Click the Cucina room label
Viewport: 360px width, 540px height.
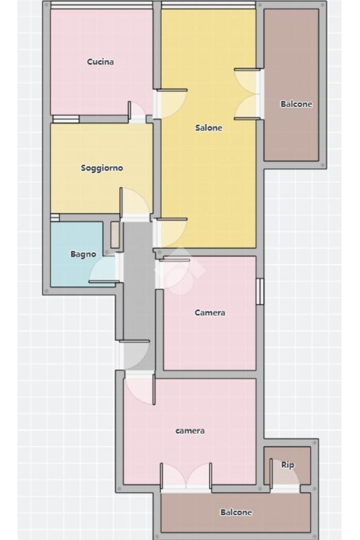tap(100, 62)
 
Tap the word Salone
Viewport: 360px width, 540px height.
tap(208, 128)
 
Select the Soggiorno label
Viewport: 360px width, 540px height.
tap(102, 168)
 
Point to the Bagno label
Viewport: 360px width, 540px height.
tap(83, 254)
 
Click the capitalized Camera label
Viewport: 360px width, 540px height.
tap(210, 313)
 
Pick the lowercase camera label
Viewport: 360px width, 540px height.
tap(190, 431)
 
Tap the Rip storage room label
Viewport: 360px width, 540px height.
tap(288, 465)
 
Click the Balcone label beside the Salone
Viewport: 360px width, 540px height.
tap(296, 104)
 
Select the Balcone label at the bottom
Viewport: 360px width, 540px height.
tap(236, 513)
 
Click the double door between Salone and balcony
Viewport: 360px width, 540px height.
tap(247, 94)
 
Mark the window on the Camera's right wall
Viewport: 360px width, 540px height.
tap(260, 291)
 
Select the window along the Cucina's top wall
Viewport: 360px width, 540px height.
tap(102, 5)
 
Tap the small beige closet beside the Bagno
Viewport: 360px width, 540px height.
tap(115, 235)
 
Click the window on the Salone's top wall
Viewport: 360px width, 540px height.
tap(208, 5)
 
